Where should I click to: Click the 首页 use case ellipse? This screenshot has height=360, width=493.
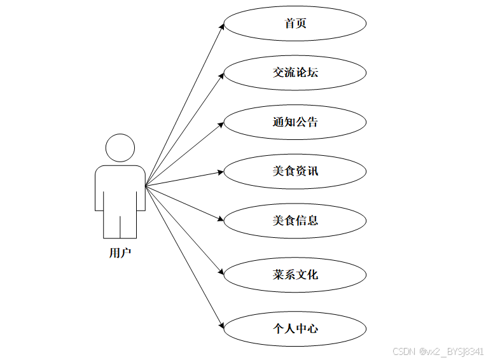[295, 24]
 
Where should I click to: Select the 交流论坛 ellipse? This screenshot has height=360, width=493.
[295, 73]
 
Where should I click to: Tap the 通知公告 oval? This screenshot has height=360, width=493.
[295, 121]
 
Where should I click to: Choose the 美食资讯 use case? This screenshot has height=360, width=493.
[295, 171]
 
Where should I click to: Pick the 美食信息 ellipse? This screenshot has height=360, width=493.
[295, 220]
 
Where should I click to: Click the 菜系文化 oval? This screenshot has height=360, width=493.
[295, 275]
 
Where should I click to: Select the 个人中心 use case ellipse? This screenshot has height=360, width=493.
[295, 329]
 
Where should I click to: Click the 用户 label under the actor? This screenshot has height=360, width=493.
[120, 253]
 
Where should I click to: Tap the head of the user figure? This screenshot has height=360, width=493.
[120, 148]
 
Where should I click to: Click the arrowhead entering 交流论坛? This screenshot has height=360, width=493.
[222, 75]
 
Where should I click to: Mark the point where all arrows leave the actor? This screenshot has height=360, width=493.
[146, 186]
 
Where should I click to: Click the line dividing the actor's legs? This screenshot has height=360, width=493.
[120, 226]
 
